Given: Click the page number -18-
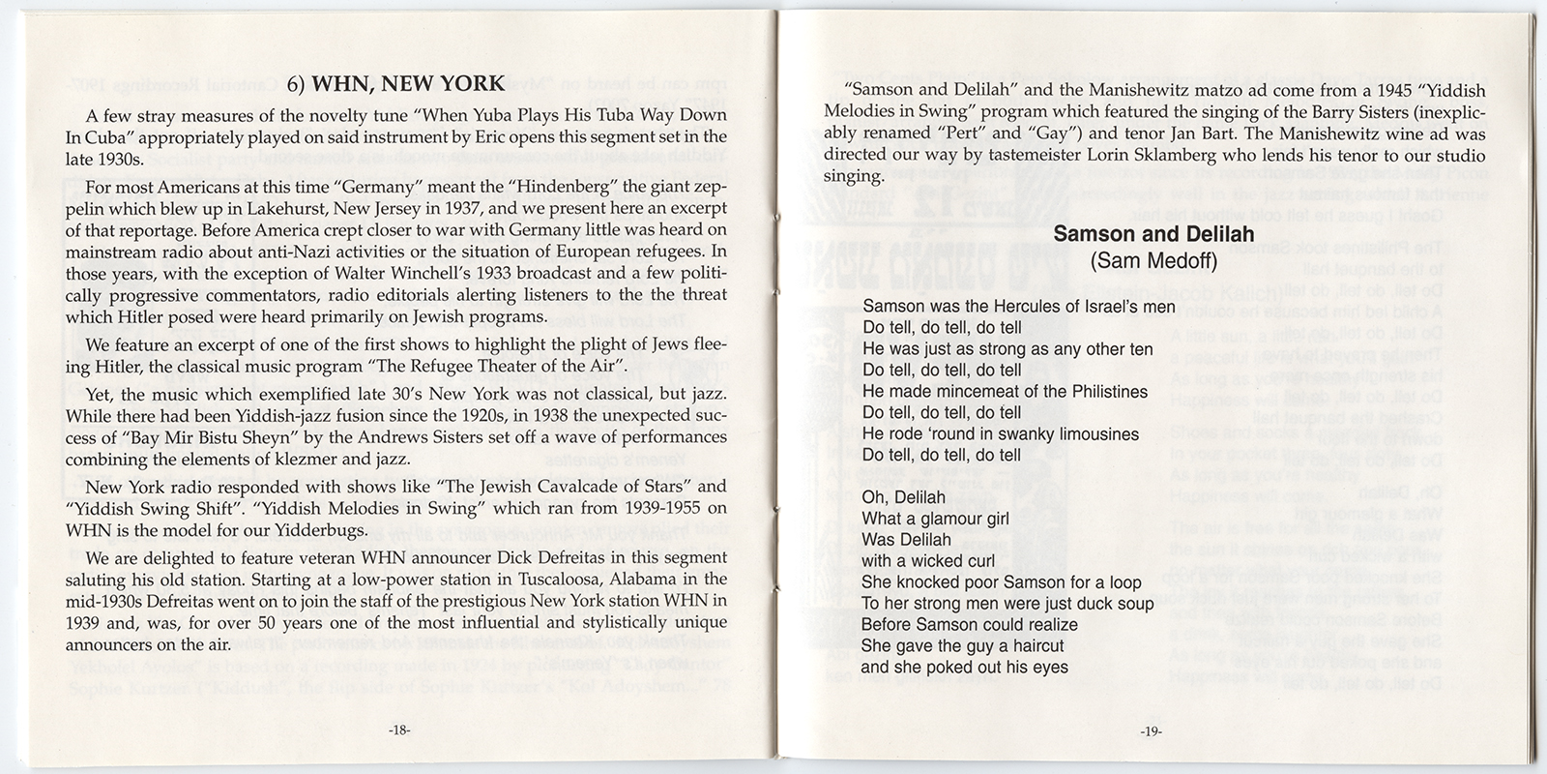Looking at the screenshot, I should [399, 731].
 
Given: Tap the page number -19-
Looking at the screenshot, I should [1151, 731].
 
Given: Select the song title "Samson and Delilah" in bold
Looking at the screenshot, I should [1153, 234].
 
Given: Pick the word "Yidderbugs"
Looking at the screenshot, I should [326, 529].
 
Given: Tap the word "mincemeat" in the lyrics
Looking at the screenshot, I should [969, 391].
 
